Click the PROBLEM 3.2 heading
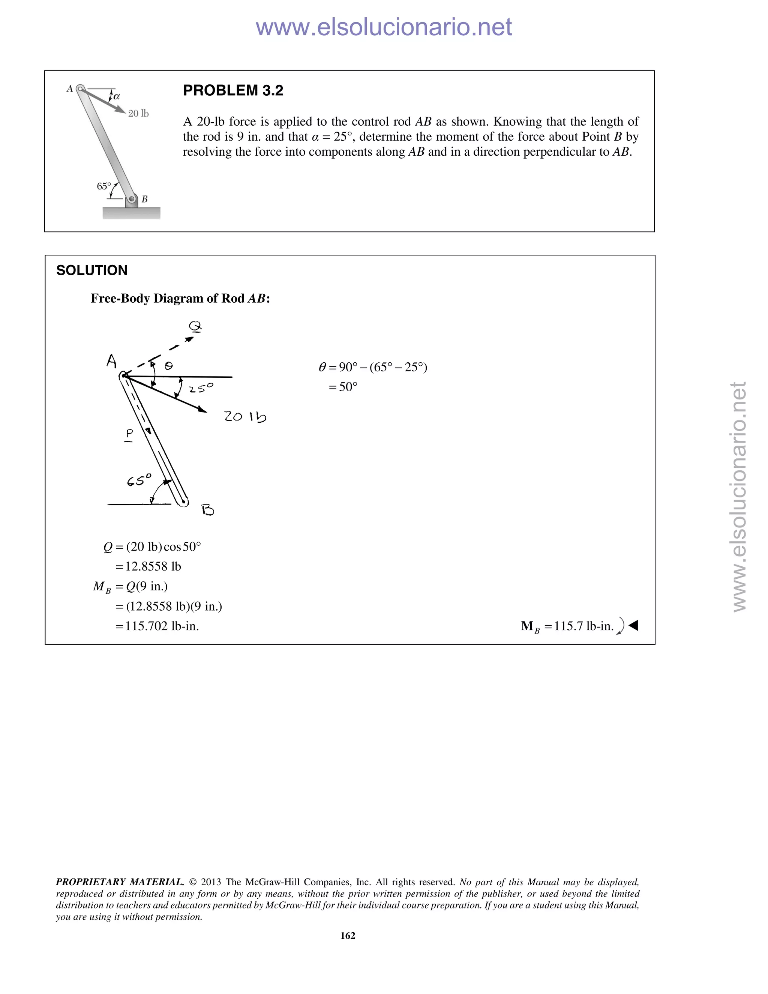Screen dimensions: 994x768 233,90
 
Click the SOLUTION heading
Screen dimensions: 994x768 92,270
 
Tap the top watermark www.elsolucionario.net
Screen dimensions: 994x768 384,27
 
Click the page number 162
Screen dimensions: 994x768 348,935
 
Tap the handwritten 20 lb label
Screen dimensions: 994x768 245,416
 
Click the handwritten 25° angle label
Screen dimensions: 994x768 201,388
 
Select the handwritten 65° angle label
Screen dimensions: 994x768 139,480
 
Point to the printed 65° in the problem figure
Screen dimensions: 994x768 104,186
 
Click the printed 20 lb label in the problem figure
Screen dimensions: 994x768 138,113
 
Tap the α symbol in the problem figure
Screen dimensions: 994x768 117,96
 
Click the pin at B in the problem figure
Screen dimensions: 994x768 132,199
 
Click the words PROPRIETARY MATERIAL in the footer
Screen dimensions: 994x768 120,882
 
